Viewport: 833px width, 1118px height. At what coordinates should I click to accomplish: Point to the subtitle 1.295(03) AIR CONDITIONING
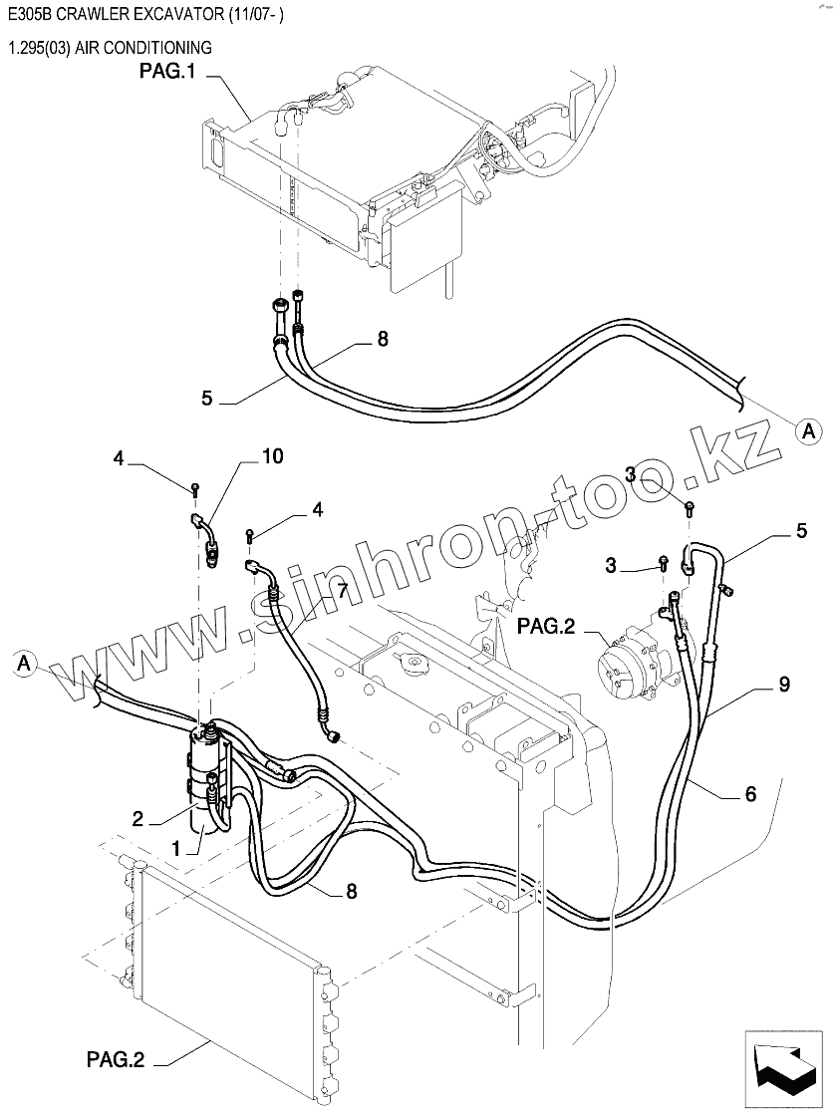pos(109,47)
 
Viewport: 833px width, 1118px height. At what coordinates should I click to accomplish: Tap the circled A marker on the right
pos(809,429)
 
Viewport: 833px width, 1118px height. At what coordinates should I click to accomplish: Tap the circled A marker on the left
pos(27,663)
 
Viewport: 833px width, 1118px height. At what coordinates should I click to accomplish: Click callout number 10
pos(272,456)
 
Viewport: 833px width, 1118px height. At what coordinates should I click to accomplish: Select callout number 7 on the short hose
pos(341,591)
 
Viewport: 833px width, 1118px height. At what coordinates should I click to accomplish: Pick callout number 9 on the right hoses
pos(784,684)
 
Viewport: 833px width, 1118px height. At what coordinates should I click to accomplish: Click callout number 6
pos(750,793)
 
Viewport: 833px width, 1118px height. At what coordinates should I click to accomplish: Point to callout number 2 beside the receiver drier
pos(139,819)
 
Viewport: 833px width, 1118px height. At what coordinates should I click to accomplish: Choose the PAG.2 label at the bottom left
pos(115,1060)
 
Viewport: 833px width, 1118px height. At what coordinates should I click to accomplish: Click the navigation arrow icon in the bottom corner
pos(782,1062)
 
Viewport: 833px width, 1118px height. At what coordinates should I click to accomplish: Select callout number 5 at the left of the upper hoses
pos(206,397)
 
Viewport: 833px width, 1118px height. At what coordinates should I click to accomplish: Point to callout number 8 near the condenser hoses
pos(351,892)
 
